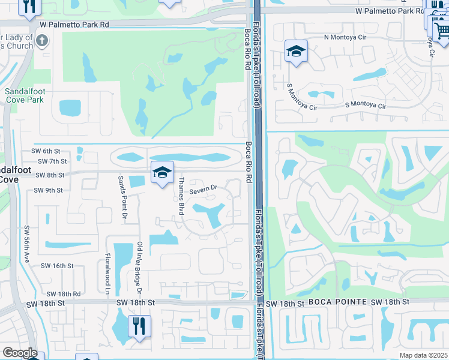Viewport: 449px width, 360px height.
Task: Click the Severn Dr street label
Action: tap(203, 190)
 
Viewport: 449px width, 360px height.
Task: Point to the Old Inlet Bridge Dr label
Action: tap(139, 268)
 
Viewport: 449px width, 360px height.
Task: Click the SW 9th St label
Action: tap(48, 190)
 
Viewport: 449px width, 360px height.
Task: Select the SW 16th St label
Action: tap(57, 265)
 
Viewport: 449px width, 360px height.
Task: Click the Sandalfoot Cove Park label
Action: tap(24, 95)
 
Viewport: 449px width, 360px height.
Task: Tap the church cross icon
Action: tap(41, 41)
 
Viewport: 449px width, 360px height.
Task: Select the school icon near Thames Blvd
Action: tap(162, 173)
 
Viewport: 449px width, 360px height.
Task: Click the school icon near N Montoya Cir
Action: tap(296, 52)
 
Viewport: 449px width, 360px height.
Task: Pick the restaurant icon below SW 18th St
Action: tap(139, 326)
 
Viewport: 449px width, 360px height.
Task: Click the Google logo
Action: tap(19, 353)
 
